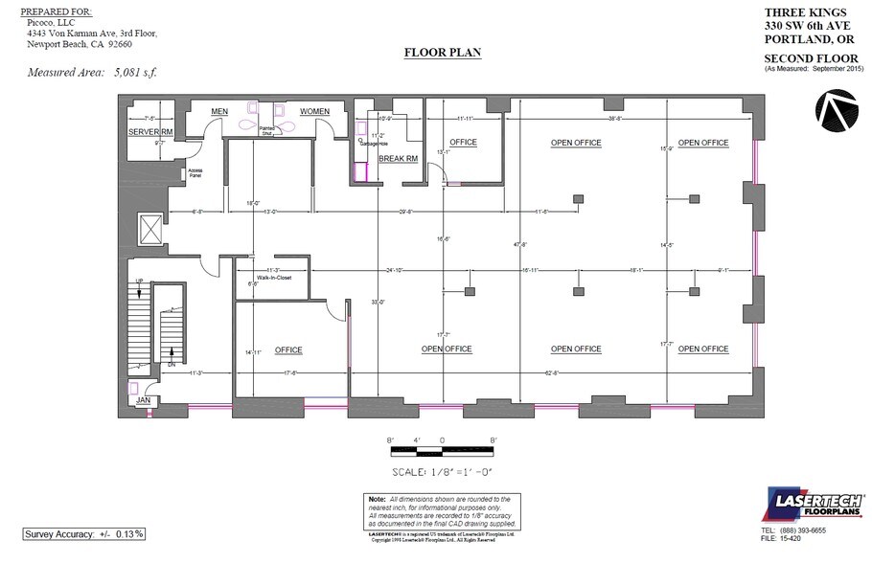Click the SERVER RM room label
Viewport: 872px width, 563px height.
pos(151,131)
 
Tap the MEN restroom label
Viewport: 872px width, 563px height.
pos(218,111)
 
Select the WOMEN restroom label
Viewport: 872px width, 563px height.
pos(314,111)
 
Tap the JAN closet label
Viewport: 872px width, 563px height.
pos(143,399)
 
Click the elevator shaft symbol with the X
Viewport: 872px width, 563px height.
pos(151,228)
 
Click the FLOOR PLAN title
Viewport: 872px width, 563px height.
pos(443,53)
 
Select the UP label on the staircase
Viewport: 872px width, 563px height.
pos(140,281)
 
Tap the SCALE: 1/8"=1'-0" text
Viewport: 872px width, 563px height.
pos(444,472)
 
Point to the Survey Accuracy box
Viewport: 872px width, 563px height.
pos(85,533)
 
